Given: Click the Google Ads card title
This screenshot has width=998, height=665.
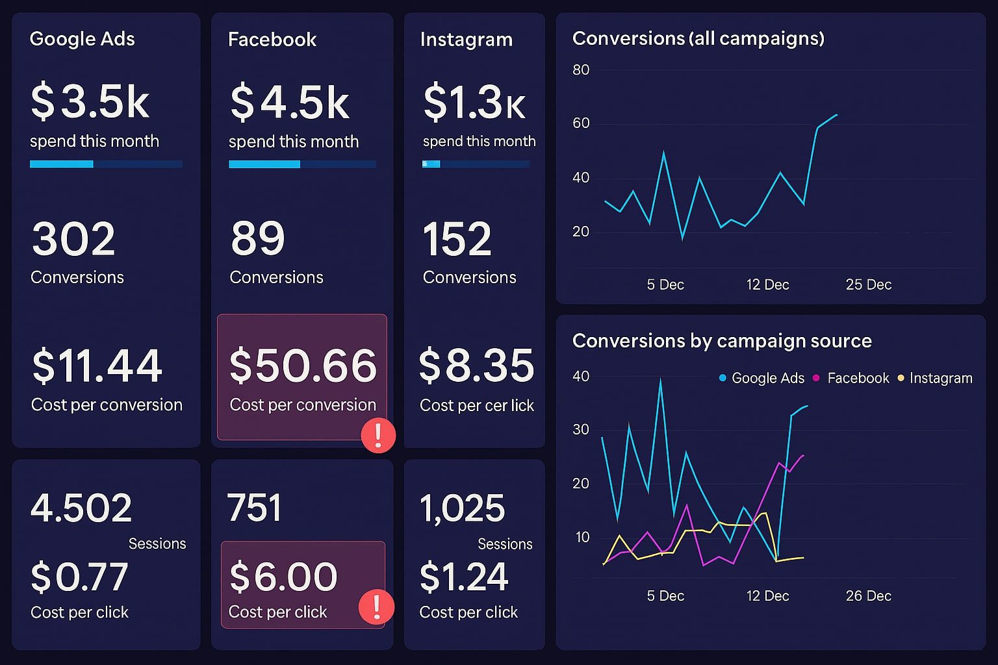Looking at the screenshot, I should click(x=82, y=39).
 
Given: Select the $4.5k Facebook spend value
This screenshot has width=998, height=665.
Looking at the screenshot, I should click(x=290, y=102).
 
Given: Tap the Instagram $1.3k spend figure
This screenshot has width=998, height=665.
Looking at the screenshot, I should click(x=474, y=103).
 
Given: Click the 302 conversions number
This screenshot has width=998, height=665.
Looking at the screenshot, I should click(x=73, y=239).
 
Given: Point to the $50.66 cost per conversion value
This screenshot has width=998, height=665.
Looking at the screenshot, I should click(x=303, y=365).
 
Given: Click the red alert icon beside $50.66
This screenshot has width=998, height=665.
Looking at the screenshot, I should click(x=378, y=435).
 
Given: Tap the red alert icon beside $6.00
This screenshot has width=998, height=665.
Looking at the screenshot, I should click(x=376, y=607).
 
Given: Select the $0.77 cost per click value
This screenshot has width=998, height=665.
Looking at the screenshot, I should click(x=79, y=577).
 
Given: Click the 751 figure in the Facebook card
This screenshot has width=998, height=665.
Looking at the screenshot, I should click(x=254, y=508).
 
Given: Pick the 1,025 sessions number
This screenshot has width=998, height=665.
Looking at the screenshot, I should click(x=462, y=508).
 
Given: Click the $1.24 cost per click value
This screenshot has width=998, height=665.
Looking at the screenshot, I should click(x=463, y=577).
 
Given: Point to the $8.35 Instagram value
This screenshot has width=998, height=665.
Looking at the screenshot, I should click(x=476, y=365).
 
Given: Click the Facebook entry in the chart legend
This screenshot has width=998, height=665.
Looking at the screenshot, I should click(x=851, y=378).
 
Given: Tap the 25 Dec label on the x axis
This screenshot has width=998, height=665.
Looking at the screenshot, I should click(x=868, y=284).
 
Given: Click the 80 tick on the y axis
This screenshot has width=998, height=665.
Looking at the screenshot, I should click(x=581, y=69).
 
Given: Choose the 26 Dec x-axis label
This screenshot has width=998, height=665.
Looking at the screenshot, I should click(x=868, y=596).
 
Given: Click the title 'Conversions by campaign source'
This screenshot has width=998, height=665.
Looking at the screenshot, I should click(x=722, y=341).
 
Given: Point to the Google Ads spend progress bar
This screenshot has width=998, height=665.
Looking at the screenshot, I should click(x=106, y=164).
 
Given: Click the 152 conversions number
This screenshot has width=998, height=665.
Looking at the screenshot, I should click(x=457, y=239).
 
